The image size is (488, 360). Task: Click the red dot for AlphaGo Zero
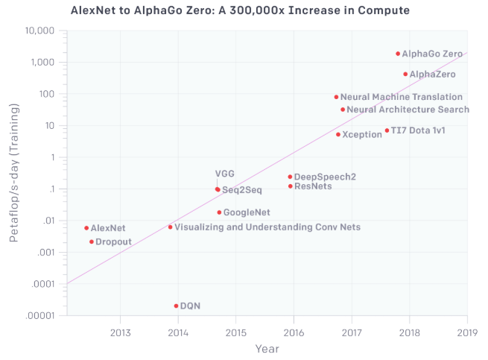398,54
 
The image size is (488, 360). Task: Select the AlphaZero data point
405,75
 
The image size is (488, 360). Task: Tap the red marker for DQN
176,306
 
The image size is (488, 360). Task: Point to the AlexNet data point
86,228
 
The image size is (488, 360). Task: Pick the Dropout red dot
91,241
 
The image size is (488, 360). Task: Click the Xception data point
338,135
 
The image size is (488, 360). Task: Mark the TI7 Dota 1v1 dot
387,130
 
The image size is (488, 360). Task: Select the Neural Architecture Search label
408,110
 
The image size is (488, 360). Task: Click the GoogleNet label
247,212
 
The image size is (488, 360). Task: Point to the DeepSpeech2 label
325,177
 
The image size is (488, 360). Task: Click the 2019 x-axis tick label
467,332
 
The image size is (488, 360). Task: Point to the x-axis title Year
267,348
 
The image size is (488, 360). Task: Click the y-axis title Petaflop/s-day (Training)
13,174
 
